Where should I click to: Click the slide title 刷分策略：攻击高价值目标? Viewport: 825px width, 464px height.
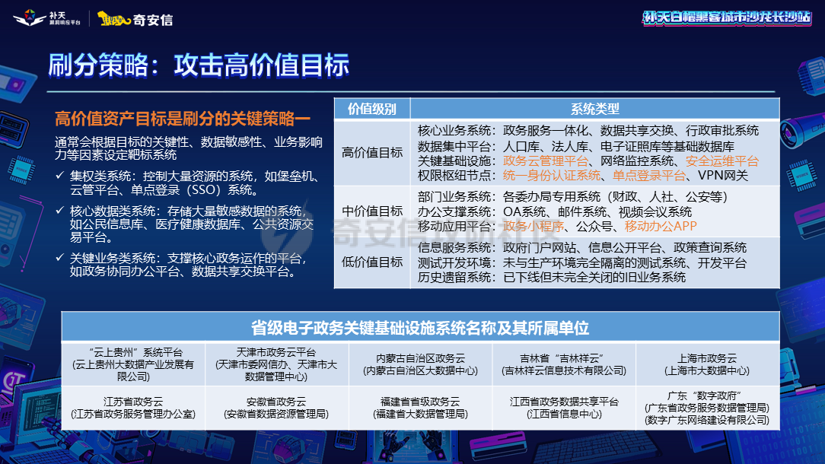[199, 65]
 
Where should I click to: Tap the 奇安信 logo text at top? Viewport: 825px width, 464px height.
[152, 19]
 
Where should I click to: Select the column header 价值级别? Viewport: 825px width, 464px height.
[372, 109]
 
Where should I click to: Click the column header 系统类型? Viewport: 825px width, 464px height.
[594, 109]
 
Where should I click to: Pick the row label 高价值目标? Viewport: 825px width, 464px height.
[372, 152]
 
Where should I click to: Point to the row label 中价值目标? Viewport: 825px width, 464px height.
[372, 211]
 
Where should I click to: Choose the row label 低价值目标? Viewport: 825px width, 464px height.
[372, 262]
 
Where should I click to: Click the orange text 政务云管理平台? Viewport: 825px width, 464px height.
[546, 160]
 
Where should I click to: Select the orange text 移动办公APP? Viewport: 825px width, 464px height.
[660, 226]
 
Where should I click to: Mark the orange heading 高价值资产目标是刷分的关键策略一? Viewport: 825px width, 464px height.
[183, 119]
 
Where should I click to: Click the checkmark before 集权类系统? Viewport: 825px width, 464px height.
[60, 176]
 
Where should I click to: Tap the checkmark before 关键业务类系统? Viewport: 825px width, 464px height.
[60, 258]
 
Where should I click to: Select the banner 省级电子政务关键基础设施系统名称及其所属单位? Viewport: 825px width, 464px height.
[420, 328]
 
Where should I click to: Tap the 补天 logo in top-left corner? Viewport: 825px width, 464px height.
[46, 18]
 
